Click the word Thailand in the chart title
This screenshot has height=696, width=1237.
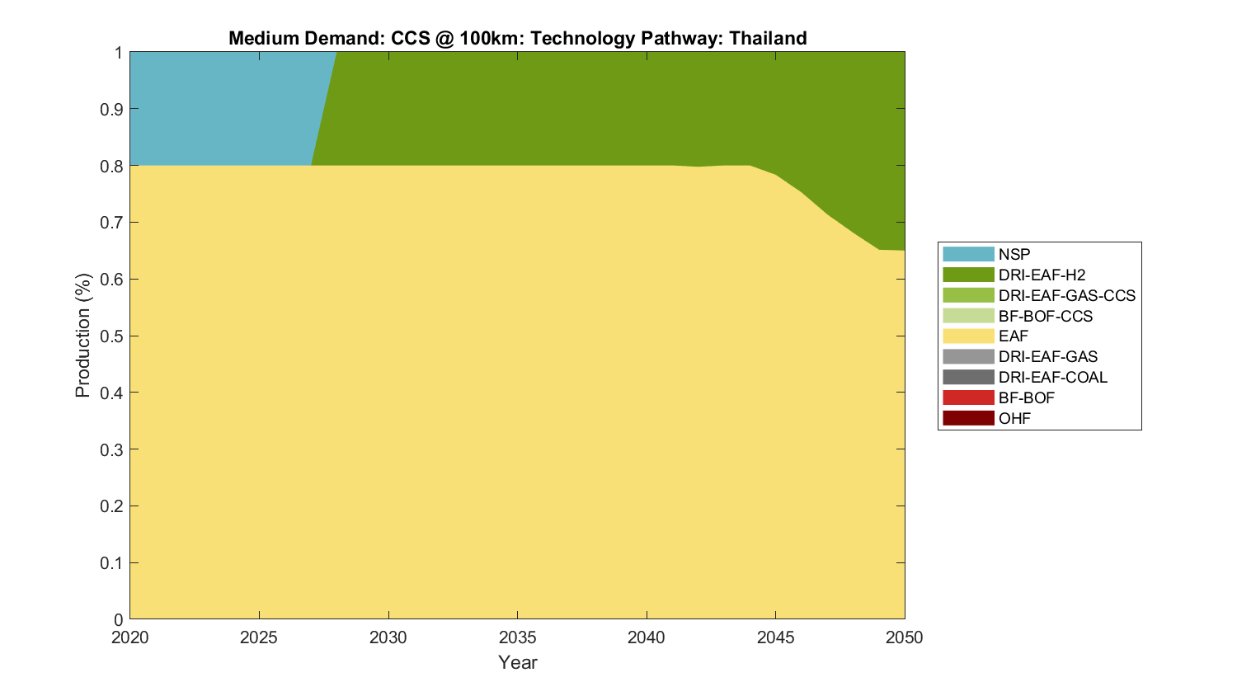(768, 38)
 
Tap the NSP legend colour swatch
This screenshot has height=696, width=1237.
(968, 254)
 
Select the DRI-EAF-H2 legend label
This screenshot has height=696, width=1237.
(1042, 275)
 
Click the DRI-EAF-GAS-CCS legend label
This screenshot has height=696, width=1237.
(1066, 295)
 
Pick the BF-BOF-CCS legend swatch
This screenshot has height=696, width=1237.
(968, 316)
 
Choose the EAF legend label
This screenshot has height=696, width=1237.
(1013, 336)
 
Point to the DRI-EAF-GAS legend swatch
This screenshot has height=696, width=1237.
(968, 356)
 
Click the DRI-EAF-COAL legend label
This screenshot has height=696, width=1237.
(1052, 377)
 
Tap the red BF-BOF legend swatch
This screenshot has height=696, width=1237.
(968, 397)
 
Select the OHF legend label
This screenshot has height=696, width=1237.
(1014, 418)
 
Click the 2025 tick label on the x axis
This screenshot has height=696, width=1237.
(259, 637)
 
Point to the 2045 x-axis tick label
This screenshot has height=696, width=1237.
(775, 637)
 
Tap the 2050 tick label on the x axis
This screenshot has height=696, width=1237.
(905, 637)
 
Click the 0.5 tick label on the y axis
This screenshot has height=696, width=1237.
(111, 336)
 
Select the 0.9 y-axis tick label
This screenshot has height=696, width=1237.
(111, 109)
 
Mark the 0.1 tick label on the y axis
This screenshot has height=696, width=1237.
(111, 563)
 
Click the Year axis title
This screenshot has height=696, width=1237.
(517, 662)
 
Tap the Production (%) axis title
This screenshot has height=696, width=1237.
(82, 336)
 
